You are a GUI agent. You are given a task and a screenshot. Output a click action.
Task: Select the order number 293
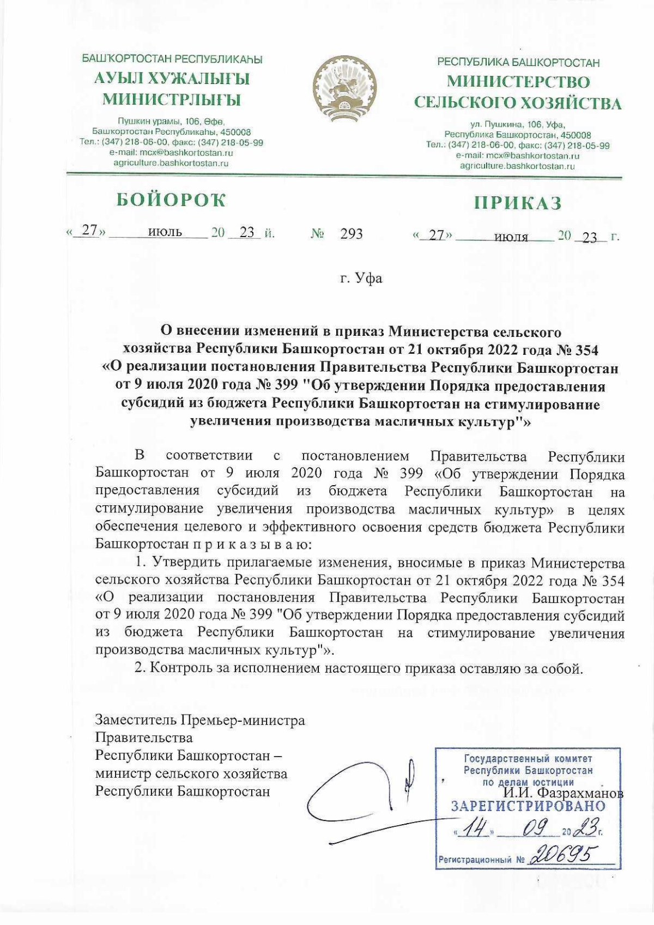tap(351, 234)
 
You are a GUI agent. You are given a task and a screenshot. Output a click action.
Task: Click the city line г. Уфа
tap(360, 279)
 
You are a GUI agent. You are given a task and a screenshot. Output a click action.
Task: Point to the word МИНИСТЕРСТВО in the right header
tap(518, 82)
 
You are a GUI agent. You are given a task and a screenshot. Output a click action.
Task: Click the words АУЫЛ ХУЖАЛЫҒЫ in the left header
tap(172, 79)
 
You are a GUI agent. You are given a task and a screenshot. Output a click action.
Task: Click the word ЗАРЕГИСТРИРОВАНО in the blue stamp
tap(528, 806)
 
